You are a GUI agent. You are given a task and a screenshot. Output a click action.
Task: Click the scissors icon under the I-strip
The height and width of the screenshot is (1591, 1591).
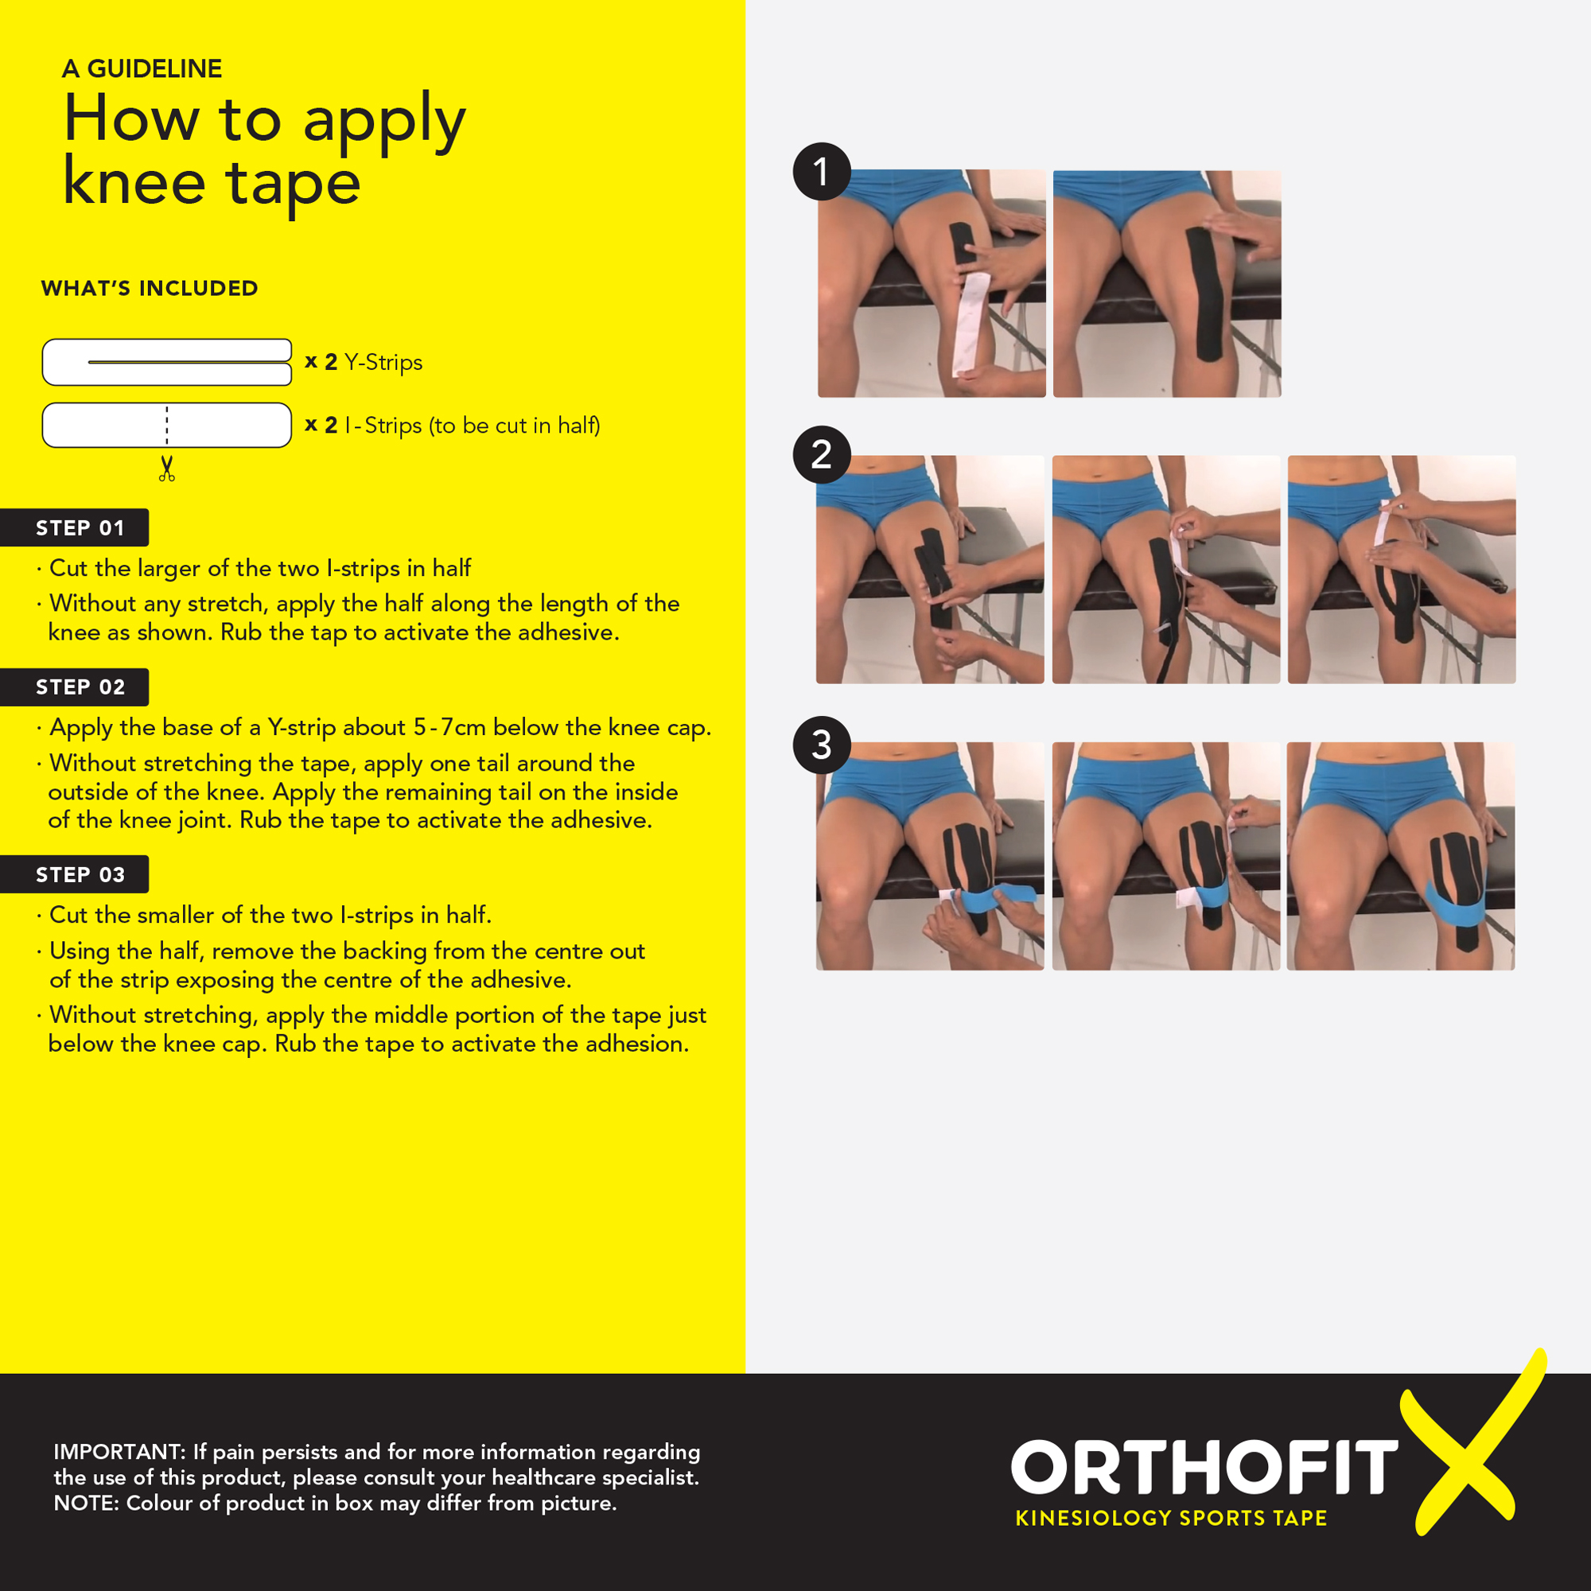point(167,469)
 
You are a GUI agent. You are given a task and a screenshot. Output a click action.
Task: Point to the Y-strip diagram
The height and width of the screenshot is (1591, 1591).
point(167,362)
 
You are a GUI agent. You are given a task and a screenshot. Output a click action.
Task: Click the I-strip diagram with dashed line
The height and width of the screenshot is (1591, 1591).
point(167,425)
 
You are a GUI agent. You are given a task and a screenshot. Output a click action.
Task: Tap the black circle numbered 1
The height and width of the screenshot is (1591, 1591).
point(822,172)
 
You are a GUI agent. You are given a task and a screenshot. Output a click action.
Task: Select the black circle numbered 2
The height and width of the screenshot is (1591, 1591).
point(822,454)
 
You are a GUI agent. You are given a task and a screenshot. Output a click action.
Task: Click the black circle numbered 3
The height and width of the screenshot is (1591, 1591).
point(822,745)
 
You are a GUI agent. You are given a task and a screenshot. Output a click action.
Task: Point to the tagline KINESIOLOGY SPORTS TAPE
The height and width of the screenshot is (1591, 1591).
point(1171,1519)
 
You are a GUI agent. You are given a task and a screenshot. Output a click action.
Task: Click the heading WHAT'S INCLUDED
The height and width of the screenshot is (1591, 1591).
point(150,288)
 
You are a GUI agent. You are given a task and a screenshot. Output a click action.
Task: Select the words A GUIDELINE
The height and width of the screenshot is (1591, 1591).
point(142,68)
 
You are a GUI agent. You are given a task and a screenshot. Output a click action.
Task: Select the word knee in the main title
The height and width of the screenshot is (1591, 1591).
point(134,182)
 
